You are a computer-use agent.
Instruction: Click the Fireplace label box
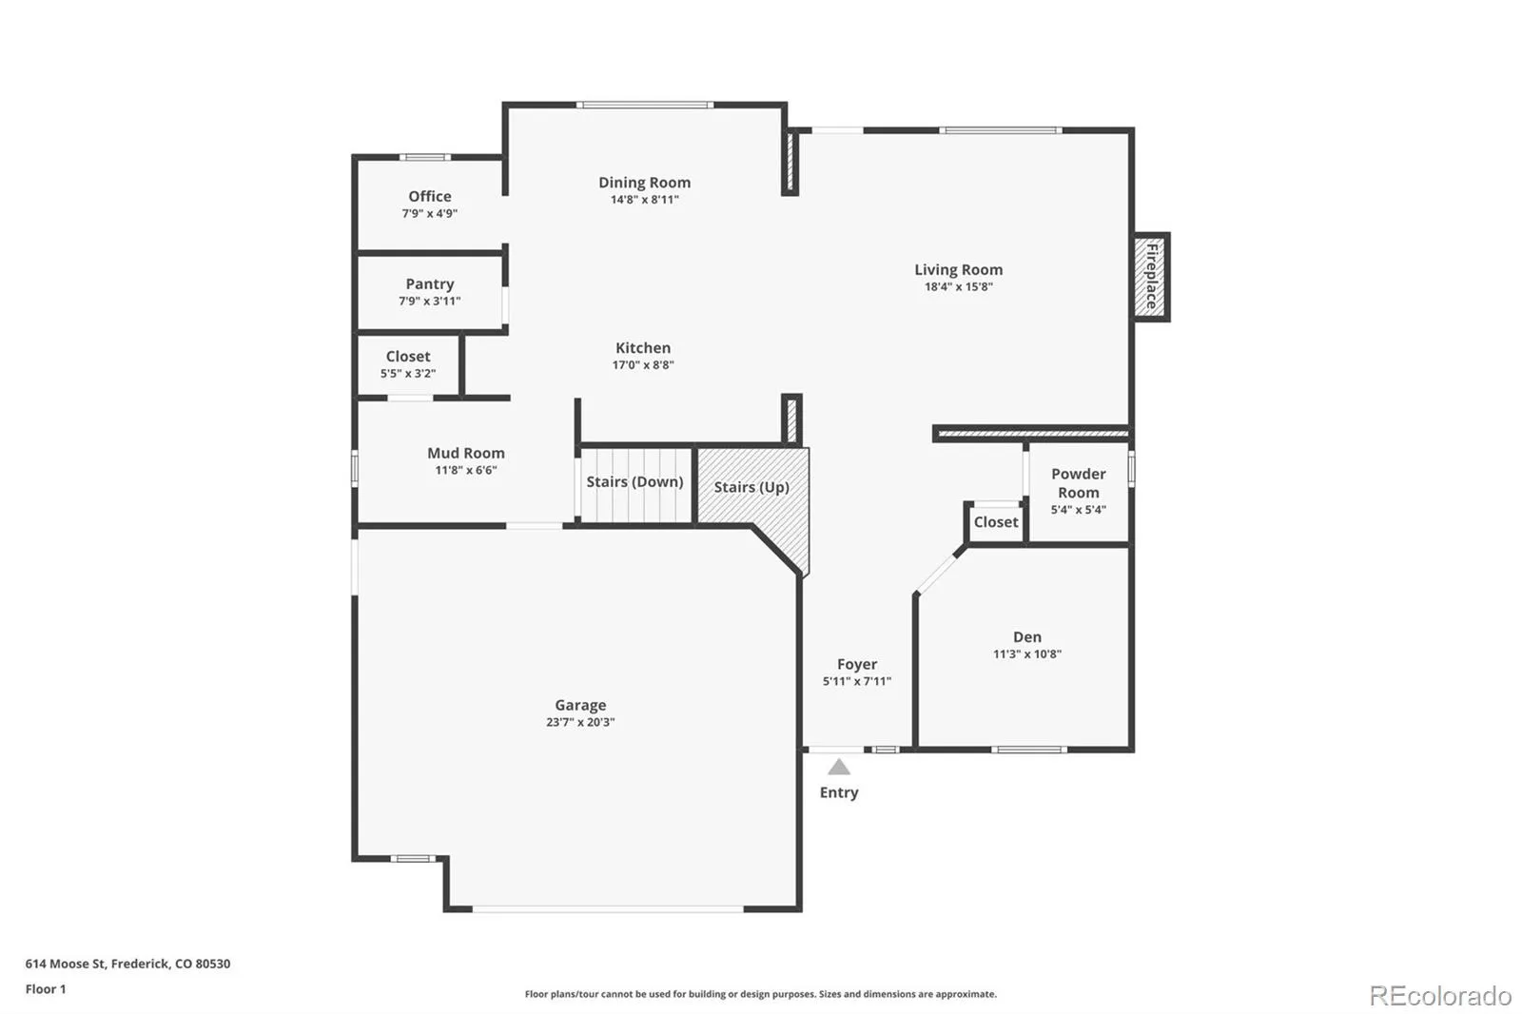[x=1151, y=277]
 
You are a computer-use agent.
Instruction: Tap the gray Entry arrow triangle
[x=838, y=768]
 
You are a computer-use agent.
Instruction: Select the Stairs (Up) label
[x=751, y=487]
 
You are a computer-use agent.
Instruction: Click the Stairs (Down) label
[x=634, y=481]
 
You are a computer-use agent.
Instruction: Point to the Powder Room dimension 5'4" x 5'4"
[x=1078, y=510]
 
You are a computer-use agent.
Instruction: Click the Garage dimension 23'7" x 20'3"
[x=580, y=722]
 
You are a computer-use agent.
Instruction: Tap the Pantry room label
[x=430, y=283]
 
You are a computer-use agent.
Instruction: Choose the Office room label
[x=430, y=196]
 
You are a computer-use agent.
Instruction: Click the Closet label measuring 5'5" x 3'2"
[x=408, y=357]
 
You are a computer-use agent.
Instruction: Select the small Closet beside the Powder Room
[x=996, y=522]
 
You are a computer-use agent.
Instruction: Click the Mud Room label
[x=466, y=453]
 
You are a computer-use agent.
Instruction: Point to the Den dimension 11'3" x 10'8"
[x=1026, y=654]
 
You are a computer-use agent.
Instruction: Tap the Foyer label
[x=857, y=664]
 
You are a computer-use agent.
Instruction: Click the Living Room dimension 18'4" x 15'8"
[x=958, y=286]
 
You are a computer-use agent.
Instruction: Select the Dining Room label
[x=644, y=183]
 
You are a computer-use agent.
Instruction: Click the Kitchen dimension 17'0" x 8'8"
[x=643, y=365]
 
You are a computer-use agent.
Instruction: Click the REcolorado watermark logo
[x=1439, y=996]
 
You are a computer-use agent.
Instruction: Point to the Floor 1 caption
[x=46, y=989]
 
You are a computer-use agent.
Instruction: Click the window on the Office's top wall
[x=424, y=157]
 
